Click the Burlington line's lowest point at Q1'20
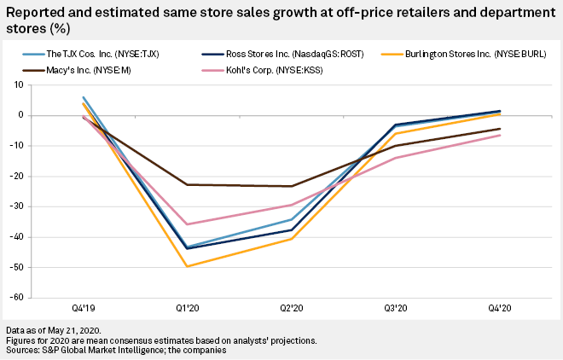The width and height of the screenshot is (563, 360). tap(187, 266)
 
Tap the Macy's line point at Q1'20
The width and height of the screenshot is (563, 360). tap(187, 184)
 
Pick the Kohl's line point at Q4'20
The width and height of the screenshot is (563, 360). tap(500, 135)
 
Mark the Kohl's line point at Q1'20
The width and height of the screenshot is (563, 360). tap(187, 224)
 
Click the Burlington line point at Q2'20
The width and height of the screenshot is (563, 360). tap(292, 239)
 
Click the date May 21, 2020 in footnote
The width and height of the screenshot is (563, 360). tap(78, 329)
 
